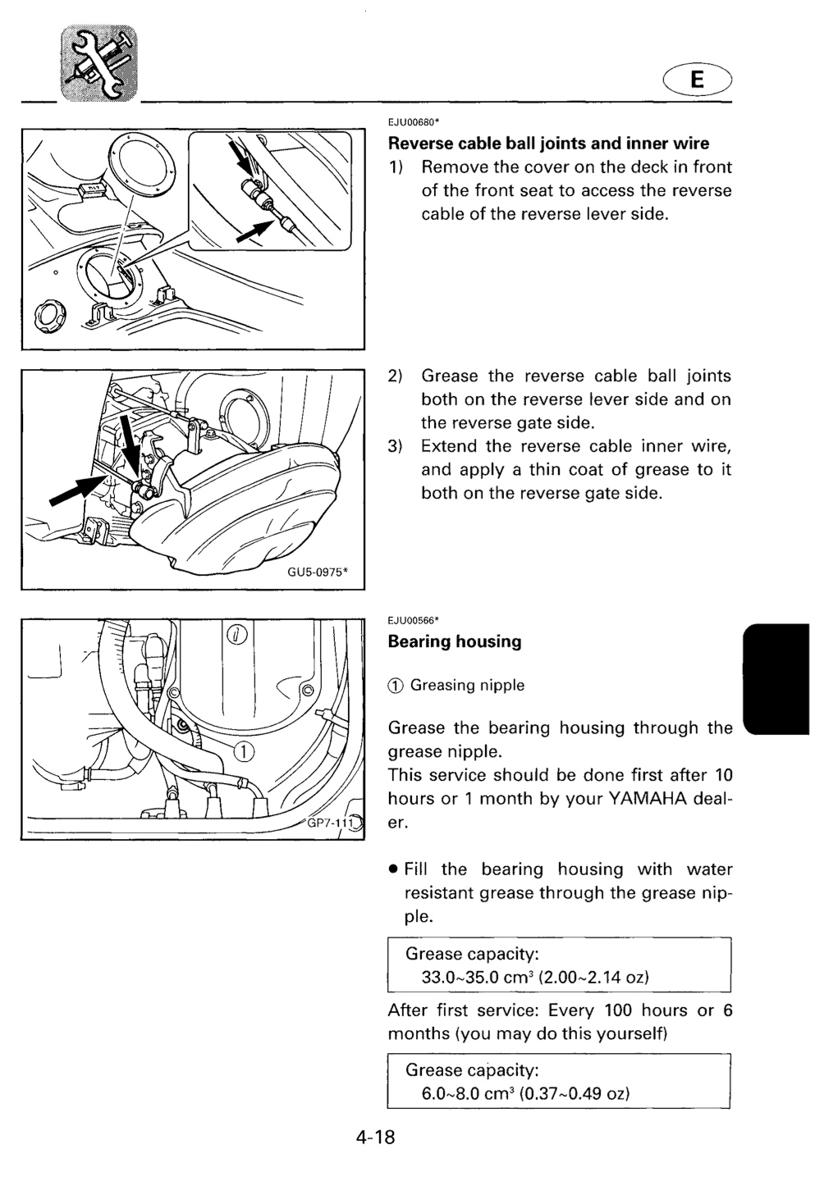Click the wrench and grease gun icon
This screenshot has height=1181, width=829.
tap(99, 63)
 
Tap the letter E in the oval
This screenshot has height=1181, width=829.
tap(697, 80)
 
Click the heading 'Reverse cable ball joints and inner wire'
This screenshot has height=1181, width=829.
tap(548, 144)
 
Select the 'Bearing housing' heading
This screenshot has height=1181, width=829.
tap(455, 641)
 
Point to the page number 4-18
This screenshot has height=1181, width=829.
tap(375, 1138)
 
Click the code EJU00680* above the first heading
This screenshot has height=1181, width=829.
tap(414, 122)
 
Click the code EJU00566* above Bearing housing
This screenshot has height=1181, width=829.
tap(414, 620)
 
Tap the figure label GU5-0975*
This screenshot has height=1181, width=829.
tap(318, 572)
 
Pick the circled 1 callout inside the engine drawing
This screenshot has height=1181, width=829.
tap(243, 751)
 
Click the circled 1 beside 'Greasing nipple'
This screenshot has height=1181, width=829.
tap(396, 686)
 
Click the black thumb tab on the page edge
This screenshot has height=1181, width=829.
tap(776, 678)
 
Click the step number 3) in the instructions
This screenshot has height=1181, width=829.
tap(396, 446)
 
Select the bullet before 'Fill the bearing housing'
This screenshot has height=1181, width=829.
tap(392, 869)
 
